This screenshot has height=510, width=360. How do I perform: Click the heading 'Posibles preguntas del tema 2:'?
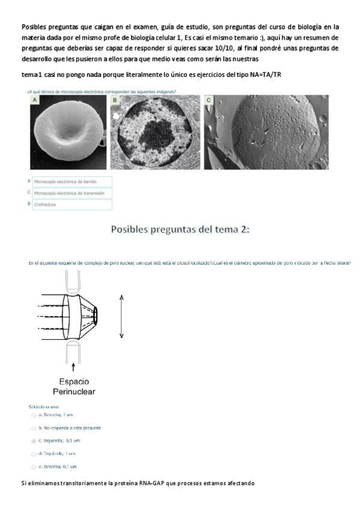coord(180,230)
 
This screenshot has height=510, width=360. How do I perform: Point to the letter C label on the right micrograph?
coord(209,100)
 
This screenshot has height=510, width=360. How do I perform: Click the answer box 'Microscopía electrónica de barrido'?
coord(72,181)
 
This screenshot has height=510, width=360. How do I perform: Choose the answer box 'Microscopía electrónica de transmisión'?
coord(72,193)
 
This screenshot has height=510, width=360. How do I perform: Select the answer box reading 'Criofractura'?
coord(72,204)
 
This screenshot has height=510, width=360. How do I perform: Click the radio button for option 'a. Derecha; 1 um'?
coord(34,416)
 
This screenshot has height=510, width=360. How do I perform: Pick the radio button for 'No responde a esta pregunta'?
coord(34,428)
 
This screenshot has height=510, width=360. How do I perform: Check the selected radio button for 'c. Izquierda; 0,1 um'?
coord(34,441)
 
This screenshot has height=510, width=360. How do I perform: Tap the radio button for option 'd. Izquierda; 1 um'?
coord(34,453)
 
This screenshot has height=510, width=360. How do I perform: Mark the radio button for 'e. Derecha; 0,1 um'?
coord(34,467)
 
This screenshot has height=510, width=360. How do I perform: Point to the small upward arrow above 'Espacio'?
coord(73,366)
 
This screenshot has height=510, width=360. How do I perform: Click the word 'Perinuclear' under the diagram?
coord(74,392)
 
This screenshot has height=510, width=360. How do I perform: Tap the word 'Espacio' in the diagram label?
coord(75,381)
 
